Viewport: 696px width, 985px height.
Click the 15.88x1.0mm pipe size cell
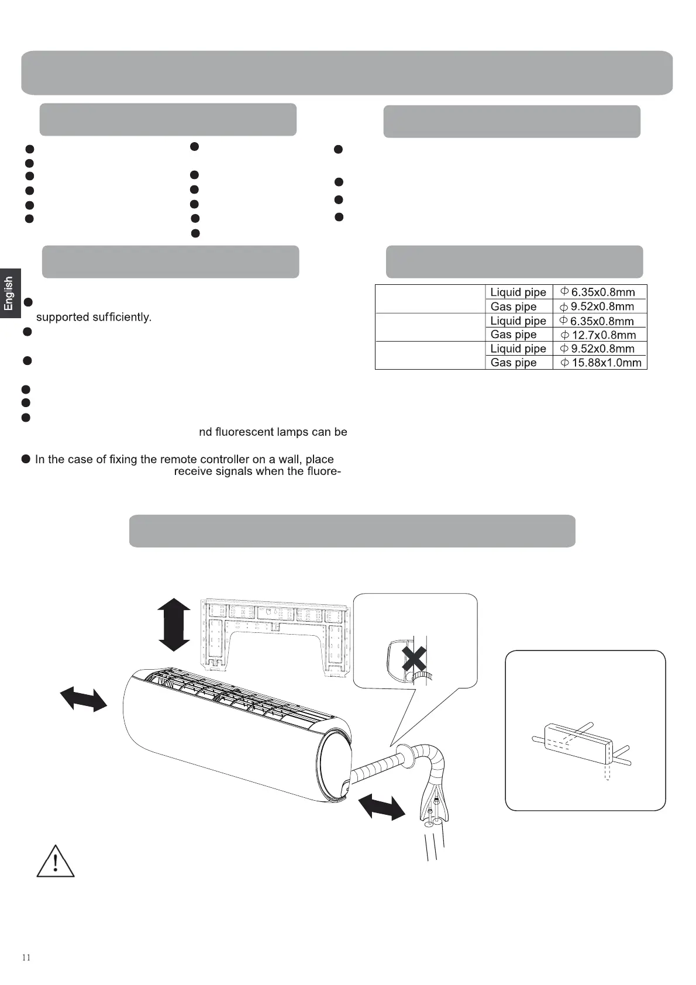(601, 363)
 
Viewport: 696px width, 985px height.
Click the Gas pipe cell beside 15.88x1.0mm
(514, 363)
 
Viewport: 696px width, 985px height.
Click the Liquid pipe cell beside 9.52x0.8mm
(518, 349)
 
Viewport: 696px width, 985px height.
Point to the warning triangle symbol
(56, 862)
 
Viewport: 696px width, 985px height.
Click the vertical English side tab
(9, 293)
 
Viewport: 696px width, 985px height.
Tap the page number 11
(26, 958)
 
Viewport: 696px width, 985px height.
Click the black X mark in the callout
(414, 660)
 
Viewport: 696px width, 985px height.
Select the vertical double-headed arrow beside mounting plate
(174, 625)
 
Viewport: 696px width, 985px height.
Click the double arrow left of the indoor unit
(84, 700)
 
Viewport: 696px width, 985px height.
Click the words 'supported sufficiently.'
(94, 317)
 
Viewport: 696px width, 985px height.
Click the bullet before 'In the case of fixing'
(26, 459)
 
